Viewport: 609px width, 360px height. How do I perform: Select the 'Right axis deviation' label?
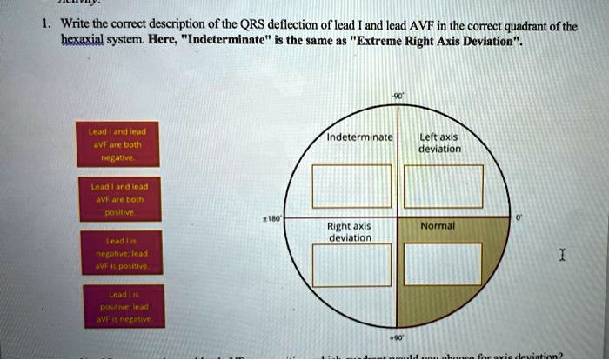click(x=350, y=230)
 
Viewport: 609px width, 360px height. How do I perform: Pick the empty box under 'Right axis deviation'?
click(x=346, y=264)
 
